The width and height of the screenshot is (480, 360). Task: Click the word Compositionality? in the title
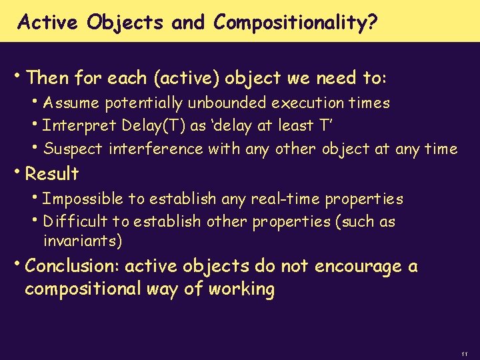tap(296, 23)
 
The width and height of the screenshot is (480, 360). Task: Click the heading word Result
tap(51, 174)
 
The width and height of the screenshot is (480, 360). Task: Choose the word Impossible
tap(83, 199)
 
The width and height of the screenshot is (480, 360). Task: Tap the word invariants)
tap(82, 240)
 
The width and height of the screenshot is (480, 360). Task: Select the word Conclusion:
tap(72, 267)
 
